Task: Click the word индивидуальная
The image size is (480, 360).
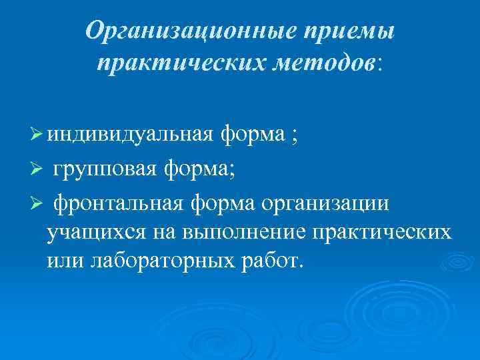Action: (x=130, y=135)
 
